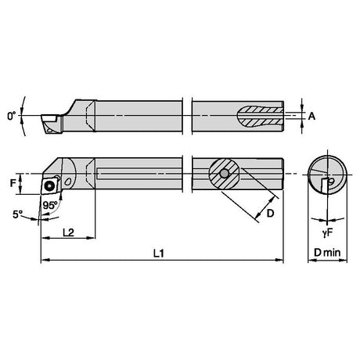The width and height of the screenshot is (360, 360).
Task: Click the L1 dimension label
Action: tap(158, 253)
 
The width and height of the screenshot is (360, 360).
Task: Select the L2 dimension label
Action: tap(68, 232)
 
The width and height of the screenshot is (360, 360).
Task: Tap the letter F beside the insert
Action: tap(13, 183)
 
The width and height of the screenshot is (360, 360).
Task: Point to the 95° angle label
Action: tap(50, 205)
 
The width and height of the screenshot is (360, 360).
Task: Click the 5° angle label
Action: tap(18, 214)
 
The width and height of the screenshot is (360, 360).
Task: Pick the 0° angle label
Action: tap(11, 116)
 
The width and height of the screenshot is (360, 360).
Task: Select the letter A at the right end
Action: tap(311, 116)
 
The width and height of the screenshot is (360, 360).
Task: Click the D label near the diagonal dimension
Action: tap(270, 214)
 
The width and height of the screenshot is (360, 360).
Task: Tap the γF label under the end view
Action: tap(327, 233)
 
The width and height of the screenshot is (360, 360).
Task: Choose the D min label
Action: tap(327, 253)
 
